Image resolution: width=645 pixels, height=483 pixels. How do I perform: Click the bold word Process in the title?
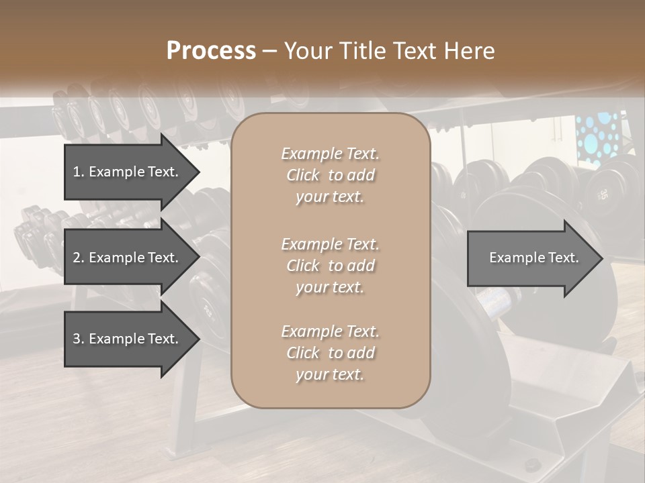(x=211, y=51)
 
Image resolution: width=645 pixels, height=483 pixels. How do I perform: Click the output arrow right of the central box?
(x=534, y=258)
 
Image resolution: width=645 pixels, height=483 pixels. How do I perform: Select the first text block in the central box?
(x=330, y=175)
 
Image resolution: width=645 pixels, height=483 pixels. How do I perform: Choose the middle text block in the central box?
(x=330, y=266)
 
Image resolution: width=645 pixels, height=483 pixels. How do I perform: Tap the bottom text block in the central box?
(x=330, y=353)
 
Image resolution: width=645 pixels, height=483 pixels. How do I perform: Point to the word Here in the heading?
(x=470, y=51)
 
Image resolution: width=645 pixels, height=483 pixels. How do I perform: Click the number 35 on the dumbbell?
(x=603, y=195)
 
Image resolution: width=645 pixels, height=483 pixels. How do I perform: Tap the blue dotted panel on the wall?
(x=596, y=138)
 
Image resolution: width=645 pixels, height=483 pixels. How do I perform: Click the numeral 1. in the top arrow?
(x=79, y=172)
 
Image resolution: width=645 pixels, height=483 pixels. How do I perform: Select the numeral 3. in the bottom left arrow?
(x=79, y=339)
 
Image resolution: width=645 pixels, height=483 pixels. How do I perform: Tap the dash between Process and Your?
(x=269, y=51)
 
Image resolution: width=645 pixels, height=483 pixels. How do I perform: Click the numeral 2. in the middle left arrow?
(x=79, y=258)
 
